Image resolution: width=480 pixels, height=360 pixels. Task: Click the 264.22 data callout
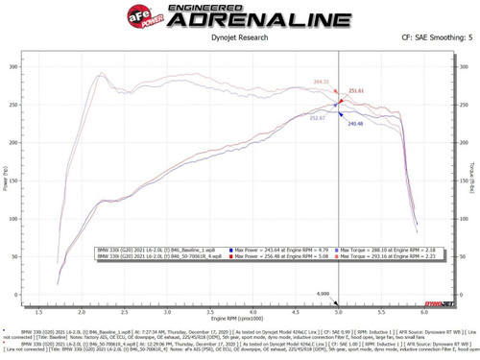coord(320,83)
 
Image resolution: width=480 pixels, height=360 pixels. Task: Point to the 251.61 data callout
coord(356,91)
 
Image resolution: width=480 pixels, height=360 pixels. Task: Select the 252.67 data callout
coord(318,117)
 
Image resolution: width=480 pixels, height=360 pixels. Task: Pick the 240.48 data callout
coord(355,124)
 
